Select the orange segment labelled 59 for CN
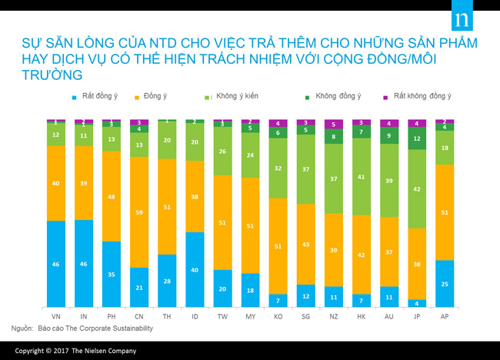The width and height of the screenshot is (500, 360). point(139,212)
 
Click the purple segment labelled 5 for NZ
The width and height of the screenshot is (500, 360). point(333,124)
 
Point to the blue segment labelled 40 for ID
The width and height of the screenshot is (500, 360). point(195,269)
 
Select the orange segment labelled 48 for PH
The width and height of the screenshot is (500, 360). point(112,196)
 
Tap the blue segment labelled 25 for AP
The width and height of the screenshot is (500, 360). point(444,284)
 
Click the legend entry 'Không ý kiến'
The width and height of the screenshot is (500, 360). point(230,97)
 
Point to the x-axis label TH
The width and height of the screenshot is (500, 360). point(167,317)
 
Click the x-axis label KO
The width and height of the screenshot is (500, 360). point(278,317)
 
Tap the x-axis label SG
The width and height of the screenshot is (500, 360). point(305,317)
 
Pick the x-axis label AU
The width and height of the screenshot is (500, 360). point(388,317)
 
